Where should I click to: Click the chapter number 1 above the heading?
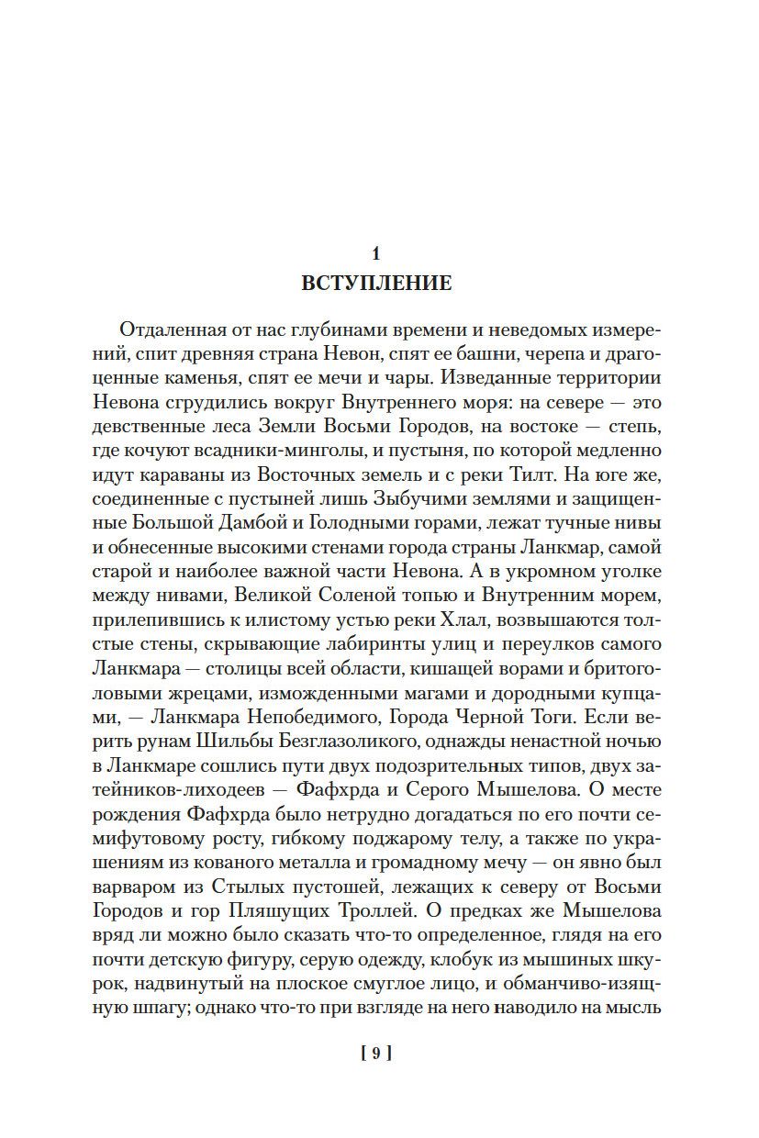(x=376, y=254)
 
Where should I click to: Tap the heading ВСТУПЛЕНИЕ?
(x=376, y=283)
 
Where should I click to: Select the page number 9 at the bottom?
(x=376, y=1054)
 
